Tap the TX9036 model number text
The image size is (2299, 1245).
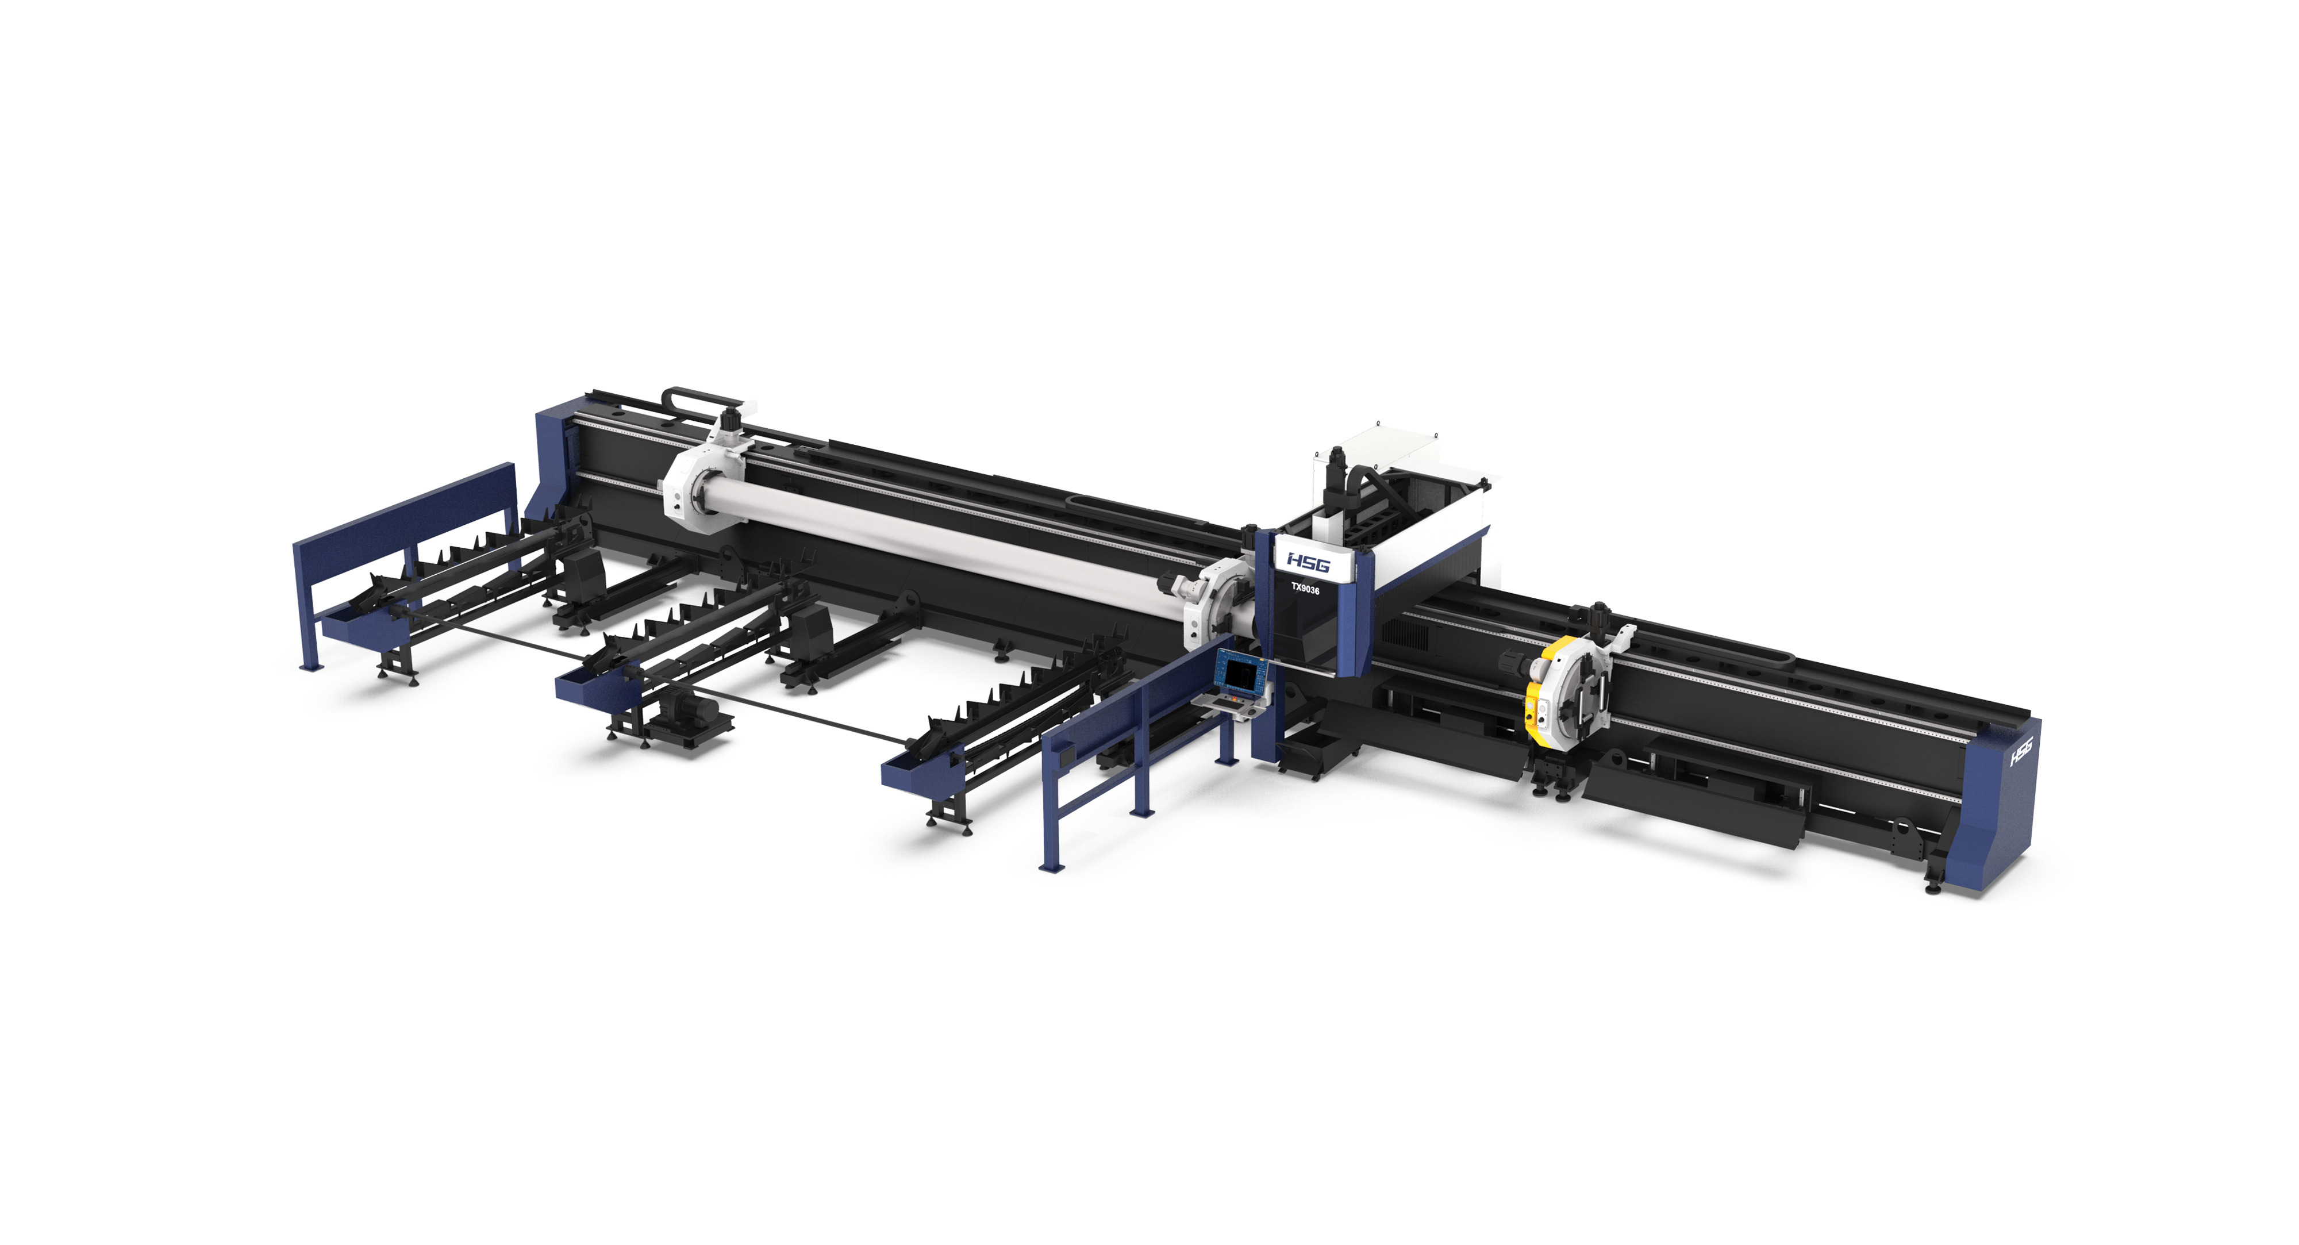[x=1305, y=590]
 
